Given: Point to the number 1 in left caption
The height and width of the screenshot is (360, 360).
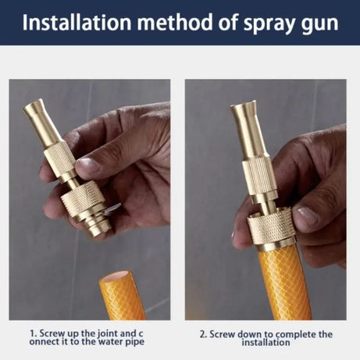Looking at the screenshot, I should pyautogui.click(x=33, y=333).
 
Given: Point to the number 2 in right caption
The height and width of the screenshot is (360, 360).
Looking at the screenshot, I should pyautogui.click(x=201, y=333).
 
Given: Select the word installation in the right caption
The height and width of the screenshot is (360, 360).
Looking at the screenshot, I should pyautogui.click(x=266, y=342).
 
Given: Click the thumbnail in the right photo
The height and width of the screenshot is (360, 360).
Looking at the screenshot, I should pyautogui.click(x=306, y=216).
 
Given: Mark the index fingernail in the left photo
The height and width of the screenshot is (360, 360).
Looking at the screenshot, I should pyautogui.click(x=88, y=166).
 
